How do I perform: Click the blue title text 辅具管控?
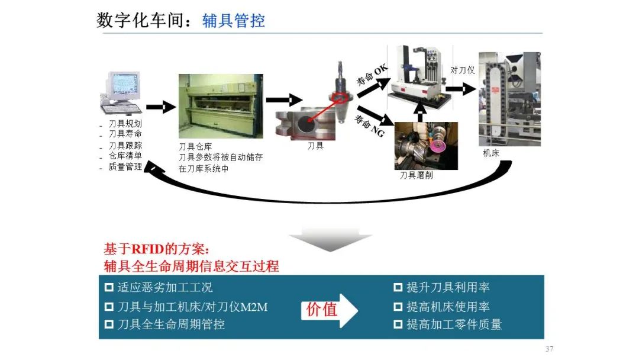tap(234, 20)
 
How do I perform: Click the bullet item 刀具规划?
tap(125, 123)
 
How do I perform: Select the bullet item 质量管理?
tap(125, 166)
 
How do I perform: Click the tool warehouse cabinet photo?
tap(221, 106)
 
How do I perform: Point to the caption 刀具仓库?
tap(195, 146)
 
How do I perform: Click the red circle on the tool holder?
tap(339, 98)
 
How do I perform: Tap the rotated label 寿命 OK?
tap(372, 75)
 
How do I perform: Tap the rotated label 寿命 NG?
tap(369, 126)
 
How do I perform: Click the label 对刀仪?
tap(463, 70)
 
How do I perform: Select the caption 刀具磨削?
tap(416, 175)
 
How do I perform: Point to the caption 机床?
tap(491, 153)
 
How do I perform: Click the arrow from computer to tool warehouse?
tap(160, 107)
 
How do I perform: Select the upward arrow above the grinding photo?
tap(419, 112)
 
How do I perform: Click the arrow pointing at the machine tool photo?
tap(460, 89)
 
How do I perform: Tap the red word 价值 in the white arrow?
tap(321, 310)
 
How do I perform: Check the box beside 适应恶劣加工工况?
tap(109, 287)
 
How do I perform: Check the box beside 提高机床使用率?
tap(398, 307)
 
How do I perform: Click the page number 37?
tap(549, 349)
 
